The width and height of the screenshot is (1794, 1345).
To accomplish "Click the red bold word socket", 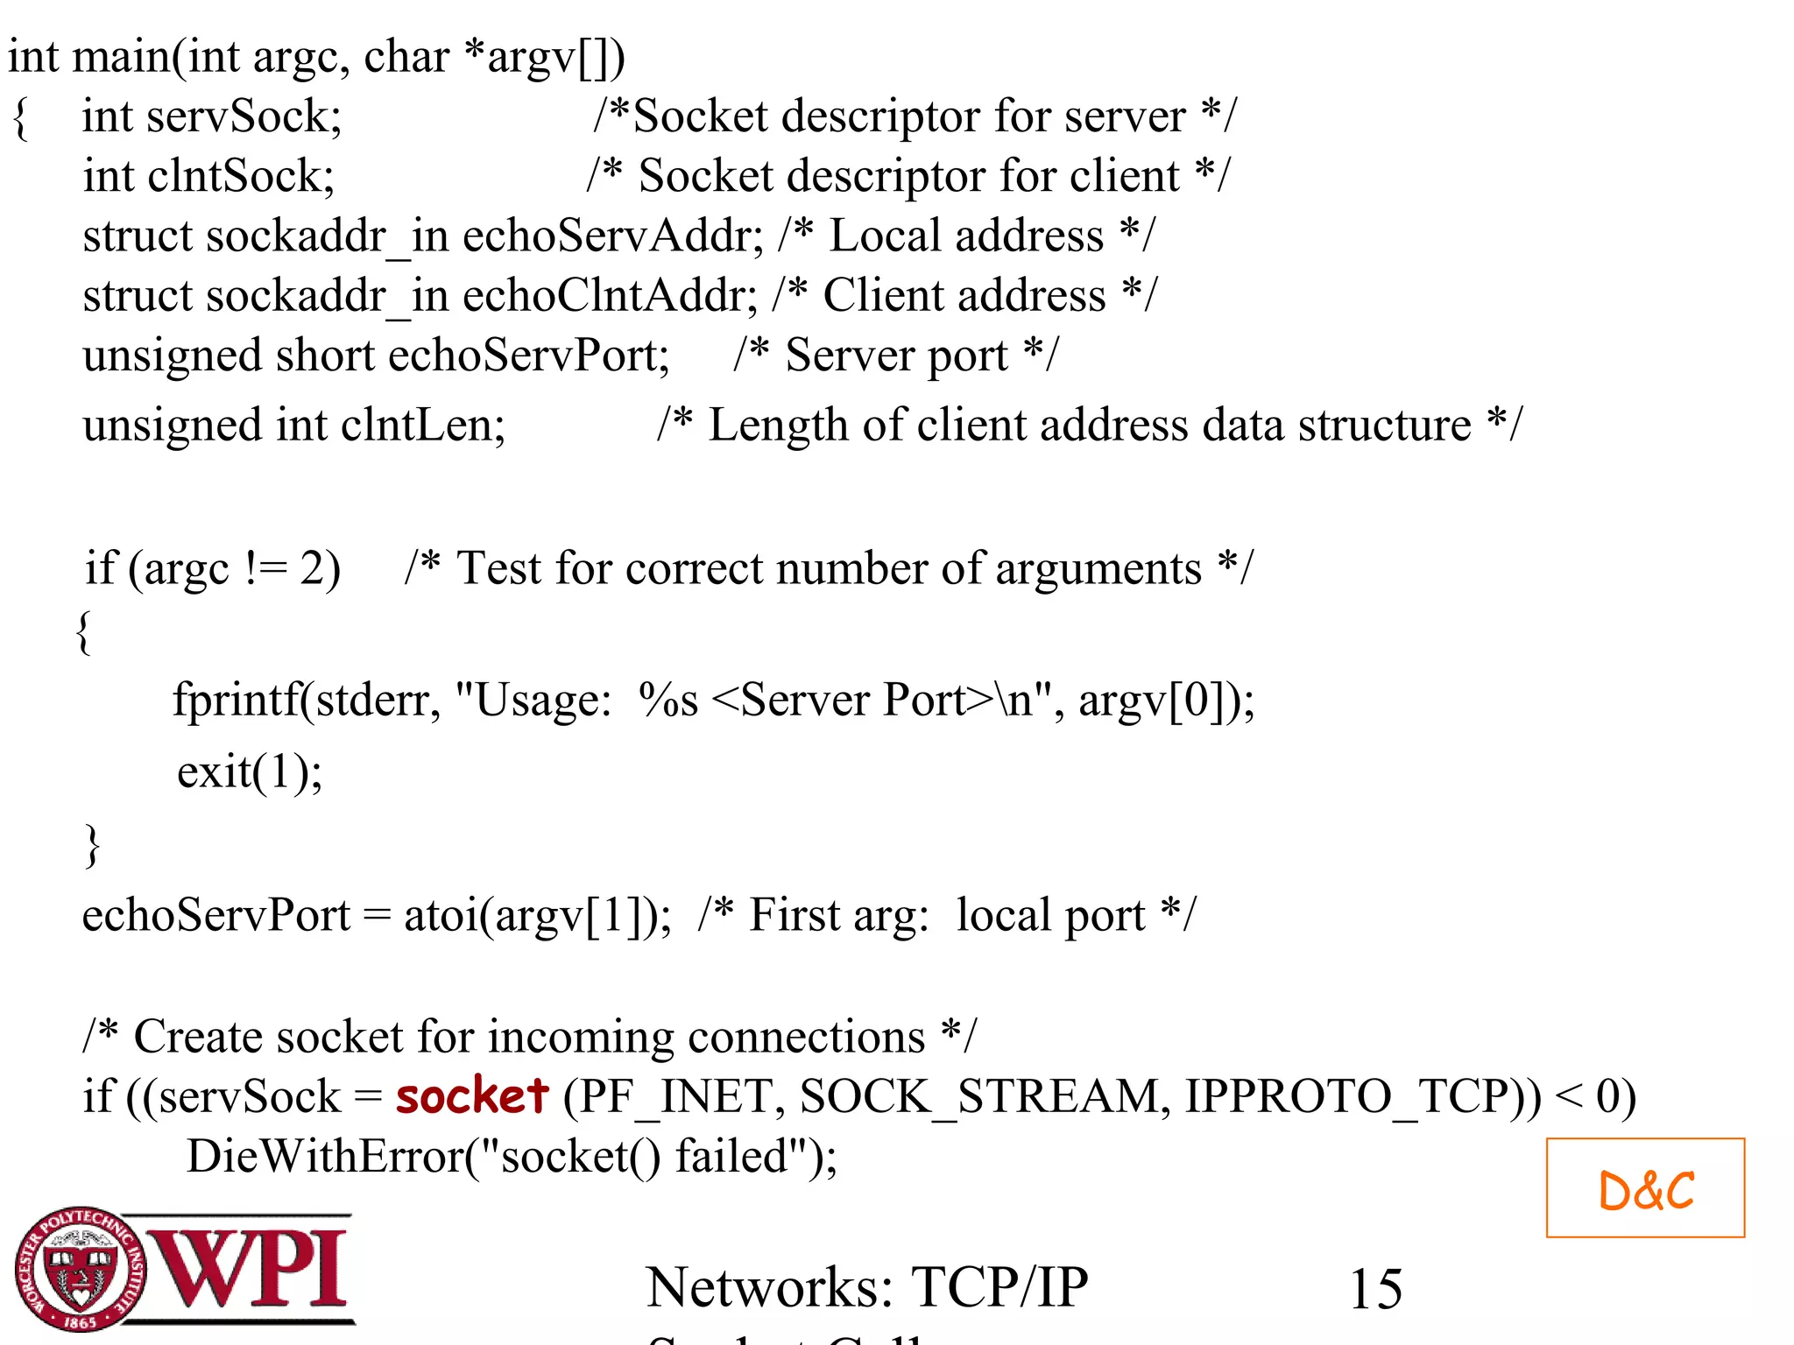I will pos(471,1096).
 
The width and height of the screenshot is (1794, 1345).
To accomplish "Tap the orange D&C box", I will pos(1645,1188).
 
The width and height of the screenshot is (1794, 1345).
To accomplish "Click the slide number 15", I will pos(1375,1289).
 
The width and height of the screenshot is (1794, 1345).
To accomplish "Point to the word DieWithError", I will pos(324,1156).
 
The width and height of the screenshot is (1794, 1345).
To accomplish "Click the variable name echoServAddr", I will pos(611,236).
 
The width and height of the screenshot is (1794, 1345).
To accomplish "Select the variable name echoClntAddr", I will pos(609,296).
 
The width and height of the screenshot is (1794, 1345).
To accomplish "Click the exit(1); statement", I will pos(250,772).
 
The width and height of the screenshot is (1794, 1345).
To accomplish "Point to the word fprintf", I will pos(235,701).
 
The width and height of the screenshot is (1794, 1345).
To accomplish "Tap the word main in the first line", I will pos(121,58).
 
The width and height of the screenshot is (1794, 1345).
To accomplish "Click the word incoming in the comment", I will pos(581,1037).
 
